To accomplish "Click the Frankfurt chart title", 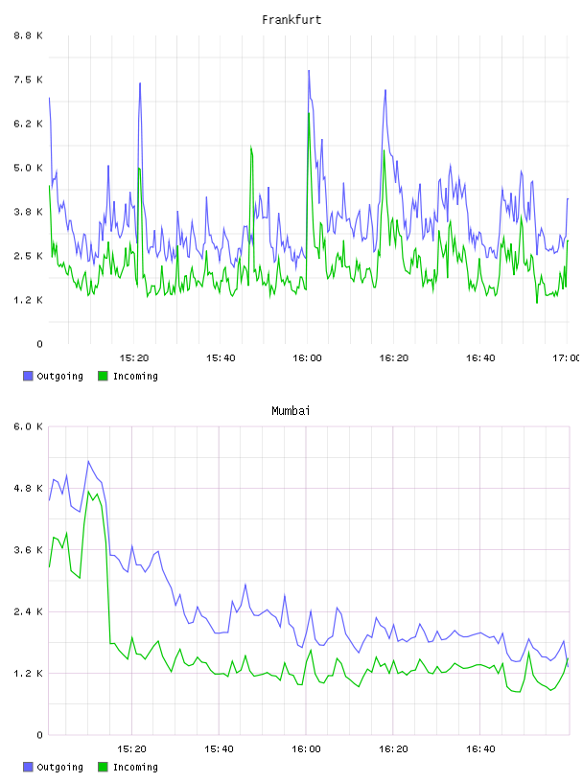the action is [x=291, y=20].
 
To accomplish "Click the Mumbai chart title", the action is [x=291, y=411].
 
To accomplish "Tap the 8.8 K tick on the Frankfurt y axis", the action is [x=29, y=35].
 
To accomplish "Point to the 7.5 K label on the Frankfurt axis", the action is [x=29, y=80].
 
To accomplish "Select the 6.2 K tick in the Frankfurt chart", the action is [x=29, y=124].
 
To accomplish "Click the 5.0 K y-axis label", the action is [x=29, y=168].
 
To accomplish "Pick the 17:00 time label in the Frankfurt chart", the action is [x=567, y=358].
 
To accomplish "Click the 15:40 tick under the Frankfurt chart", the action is [x=221, y=358].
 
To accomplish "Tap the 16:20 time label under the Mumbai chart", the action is [x=393, y=749].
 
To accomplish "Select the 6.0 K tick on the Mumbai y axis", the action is [x=29, y=426].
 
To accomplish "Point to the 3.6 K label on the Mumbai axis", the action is [x=29, y=550].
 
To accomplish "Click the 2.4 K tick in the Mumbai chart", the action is [x=29, y=612].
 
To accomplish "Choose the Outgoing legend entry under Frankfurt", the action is [x=54, y=376].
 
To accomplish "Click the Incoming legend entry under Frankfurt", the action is [x=128, y=376].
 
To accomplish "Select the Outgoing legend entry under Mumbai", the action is [x=54, y=767].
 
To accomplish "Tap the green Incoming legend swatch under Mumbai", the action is [x=103, y=767].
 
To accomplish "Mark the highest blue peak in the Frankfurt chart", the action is [x=309, y=71].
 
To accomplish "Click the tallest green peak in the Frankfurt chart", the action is [x=309, y=114].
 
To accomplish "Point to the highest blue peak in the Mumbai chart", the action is [x=88, y=461].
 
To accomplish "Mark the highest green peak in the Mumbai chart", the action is [x=88, y=492].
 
